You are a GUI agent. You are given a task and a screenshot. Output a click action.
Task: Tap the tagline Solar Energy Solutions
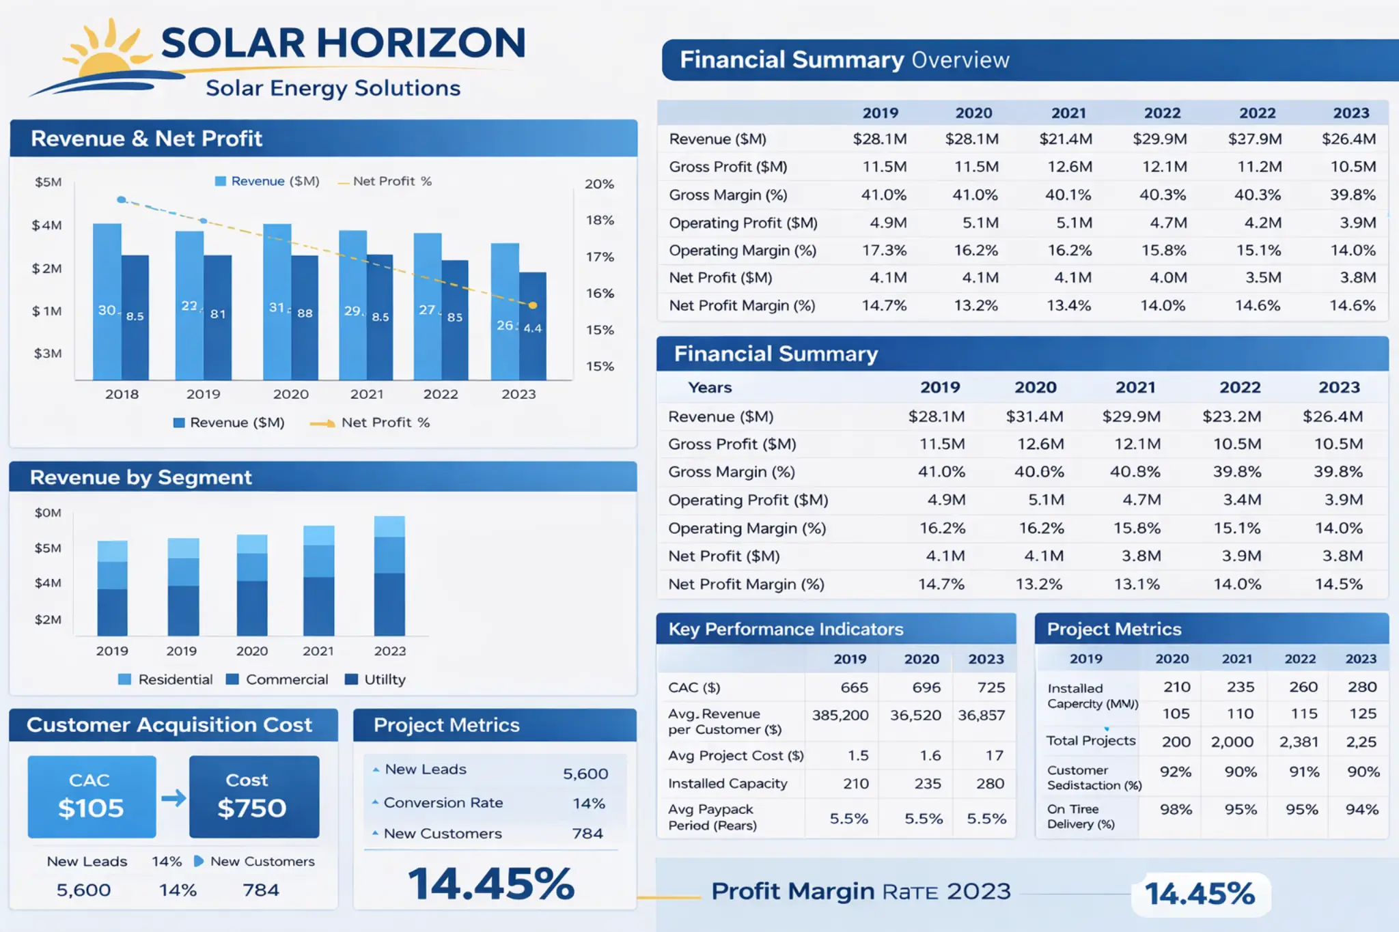(x=333, y=88)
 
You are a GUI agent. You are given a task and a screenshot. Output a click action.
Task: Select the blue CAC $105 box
(x=92, y=796)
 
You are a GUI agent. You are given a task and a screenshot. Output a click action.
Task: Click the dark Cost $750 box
(x=253, y=796)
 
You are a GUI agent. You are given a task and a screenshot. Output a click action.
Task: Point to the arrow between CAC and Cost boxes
(x=174, y=797)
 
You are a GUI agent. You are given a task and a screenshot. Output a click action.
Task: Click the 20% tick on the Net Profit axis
(x=599, y=184)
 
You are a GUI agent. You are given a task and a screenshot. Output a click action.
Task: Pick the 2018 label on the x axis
(x=122, y=394)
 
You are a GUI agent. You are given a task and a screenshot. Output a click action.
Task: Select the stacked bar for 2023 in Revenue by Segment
(x=389, y=576)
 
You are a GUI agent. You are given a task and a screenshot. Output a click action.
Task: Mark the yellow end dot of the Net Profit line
(x=533, y=305)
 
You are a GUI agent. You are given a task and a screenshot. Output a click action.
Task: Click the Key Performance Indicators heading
(x=786, y=629)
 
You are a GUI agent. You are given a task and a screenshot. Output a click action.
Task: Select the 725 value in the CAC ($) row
(x=991, y=688)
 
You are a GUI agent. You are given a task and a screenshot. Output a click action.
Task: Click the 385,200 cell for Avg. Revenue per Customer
(x=840, y=715)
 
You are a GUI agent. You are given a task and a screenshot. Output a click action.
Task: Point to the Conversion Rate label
(x=443, y=803)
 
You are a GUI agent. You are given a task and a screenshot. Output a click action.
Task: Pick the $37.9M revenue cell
(x=1255, y=139)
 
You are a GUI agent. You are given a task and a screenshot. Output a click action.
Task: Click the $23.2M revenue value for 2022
(x=1232, y=416)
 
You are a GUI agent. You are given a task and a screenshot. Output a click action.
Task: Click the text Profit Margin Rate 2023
(x=861, y=892)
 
